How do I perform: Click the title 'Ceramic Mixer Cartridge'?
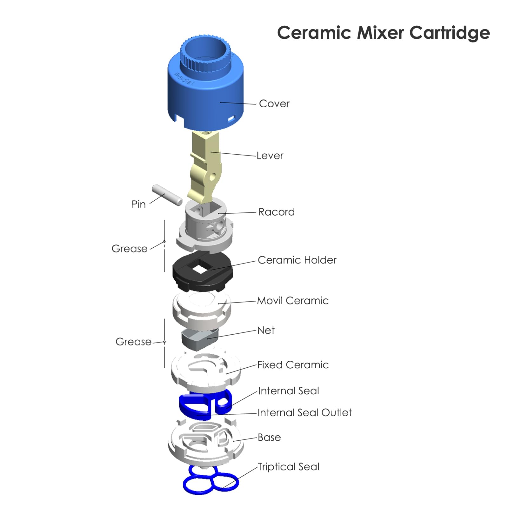[384, 33]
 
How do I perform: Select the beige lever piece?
[205, 167]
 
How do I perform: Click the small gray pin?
[167, 195]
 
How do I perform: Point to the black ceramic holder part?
[203, 271]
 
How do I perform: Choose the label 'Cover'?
[274, 104]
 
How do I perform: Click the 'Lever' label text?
[270, 156]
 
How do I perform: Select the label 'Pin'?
[139, 204]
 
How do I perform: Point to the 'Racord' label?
[277, 212]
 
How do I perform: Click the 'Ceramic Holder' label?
[297, 260]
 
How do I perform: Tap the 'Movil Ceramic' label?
[293, 301]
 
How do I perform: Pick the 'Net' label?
[266, 330]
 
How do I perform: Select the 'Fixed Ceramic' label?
[293, 365]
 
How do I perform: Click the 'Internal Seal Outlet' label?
[305, 412]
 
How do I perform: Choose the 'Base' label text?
[269, 438]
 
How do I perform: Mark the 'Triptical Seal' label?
[289, 467]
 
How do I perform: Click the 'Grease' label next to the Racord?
[130, 249]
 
